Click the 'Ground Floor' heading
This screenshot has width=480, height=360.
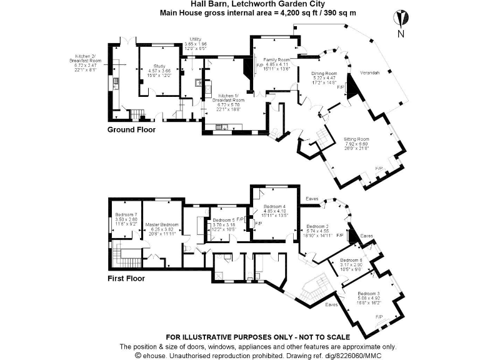click(130, 130)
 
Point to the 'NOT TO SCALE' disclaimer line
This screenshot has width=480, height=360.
click(239, 337)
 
